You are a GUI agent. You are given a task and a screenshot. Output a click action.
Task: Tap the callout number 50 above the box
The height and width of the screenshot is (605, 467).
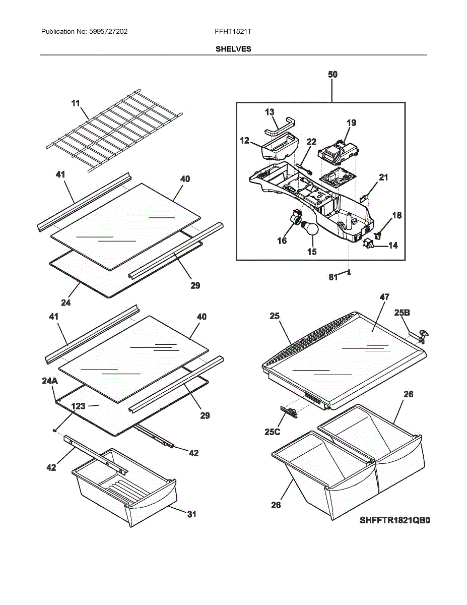click(x=332, y=74)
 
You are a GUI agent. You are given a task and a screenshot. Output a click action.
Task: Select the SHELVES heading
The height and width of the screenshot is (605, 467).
click(x=233, y=49)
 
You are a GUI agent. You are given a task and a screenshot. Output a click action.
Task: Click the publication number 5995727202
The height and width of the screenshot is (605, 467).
click(x=108, y=31)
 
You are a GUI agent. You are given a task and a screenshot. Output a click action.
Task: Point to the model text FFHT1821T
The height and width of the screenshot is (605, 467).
click(x=233, y=31)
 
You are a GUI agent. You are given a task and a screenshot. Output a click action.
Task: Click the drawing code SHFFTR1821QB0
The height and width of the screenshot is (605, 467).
click(x=394, y=520)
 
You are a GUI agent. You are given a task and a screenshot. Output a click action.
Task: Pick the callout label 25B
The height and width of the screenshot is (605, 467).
click(x=402, y=313)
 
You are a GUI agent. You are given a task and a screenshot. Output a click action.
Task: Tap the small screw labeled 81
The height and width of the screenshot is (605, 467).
click(x=349, y=273)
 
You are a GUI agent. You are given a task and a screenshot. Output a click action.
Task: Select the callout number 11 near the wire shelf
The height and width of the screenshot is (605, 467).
click(x=76, y=103)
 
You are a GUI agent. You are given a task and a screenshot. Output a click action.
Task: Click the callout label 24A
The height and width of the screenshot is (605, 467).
click(x=50, y=381)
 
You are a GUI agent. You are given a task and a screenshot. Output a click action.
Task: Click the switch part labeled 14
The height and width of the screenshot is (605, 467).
click(x=368, y=243)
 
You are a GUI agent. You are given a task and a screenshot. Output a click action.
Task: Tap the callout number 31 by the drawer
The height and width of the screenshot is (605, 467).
click(x=191, y=514)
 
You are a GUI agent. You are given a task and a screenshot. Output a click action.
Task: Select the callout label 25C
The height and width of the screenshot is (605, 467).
click(x=273, y=432)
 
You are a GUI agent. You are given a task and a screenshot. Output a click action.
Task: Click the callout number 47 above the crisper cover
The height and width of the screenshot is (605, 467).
click(x=384, y=297)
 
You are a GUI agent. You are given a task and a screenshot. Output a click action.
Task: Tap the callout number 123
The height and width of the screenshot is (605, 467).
click(x=78, y=406)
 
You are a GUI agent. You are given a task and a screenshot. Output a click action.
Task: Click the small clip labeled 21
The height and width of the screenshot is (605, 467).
click(x=364, y=198)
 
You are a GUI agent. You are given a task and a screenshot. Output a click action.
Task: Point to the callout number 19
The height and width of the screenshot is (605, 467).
click(x=351, y=123)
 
